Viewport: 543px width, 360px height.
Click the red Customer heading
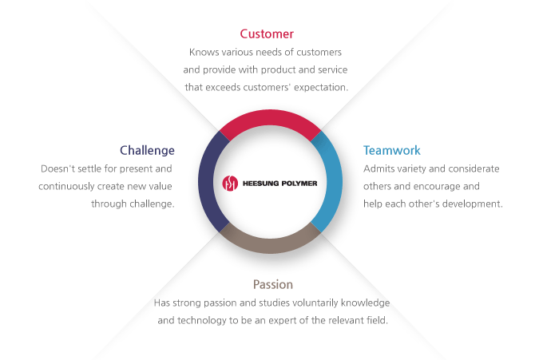[x=267, y=34]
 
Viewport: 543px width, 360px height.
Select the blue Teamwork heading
[x=391, y=151]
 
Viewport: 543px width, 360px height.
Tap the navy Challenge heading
[x=147, y=151]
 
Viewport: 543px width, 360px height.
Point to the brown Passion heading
[x=273, y=284]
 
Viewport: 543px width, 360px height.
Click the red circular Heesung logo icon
[x=230, y=183]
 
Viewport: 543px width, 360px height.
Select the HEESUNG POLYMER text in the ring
[x=279, y=184]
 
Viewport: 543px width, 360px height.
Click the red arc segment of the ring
[x=270, y=117]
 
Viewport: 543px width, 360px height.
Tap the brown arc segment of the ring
[x=270, y=245]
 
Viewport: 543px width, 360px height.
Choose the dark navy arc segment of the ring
[x=206, y=182]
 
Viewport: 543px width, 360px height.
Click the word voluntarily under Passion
[x=315, y=303]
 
